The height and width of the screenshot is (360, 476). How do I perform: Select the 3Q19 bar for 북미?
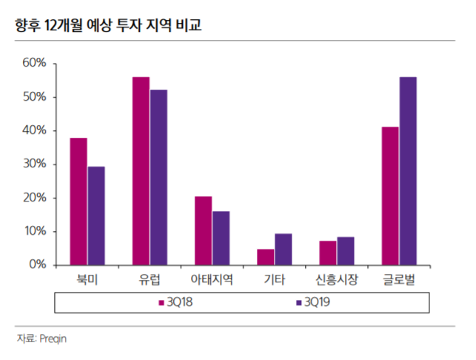95,216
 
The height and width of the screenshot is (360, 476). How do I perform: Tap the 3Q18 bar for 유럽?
141,171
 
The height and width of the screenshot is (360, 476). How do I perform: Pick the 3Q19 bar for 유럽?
158,177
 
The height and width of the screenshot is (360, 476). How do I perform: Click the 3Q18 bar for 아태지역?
203,230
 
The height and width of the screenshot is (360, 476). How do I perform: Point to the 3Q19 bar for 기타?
283,249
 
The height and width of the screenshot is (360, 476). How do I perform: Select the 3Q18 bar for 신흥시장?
328,253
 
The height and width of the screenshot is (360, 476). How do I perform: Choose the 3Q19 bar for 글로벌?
408,171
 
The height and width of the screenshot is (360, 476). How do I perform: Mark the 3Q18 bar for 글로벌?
390,196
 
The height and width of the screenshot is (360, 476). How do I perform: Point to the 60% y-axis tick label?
33,64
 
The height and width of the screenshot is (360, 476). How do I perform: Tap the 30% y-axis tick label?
33,164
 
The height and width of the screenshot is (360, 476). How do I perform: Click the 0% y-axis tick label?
36,264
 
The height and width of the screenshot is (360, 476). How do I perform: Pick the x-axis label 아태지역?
212,280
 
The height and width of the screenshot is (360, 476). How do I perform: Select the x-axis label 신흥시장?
337,280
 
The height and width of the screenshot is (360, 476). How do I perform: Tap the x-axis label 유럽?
150,280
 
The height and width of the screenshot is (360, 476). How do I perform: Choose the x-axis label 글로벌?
399,280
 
